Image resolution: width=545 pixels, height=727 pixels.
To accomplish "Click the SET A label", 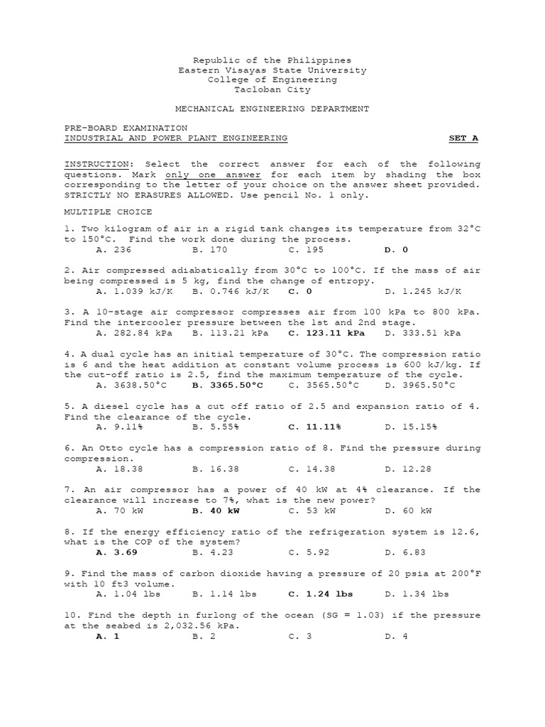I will [464, 138].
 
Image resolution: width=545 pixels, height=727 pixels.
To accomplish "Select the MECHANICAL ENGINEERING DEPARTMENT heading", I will [272, 109].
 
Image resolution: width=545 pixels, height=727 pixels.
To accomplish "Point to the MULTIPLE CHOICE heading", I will [108, 212].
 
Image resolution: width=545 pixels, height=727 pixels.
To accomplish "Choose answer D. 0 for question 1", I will [396, 250].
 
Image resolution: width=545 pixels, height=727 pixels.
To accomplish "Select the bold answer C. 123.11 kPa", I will [326, 333].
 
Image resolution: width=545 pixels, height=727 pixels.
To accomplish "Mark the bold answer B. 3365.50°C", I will [228, 385].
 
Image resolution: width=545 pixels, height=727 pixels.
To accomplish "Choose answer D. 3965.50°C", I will [420, 385].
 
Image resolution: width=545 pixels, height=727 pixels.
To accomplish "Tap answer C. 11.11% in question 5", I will [314, 427].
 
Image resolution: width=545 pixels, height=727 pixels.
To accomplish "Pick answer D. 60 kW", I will [408, 510].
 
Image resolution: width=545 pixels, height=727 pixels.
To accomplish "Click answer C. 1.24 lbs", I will [321, 594].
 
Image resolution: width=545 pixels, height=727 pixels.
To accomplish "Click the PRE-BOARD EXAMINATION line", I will [126, 128].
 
